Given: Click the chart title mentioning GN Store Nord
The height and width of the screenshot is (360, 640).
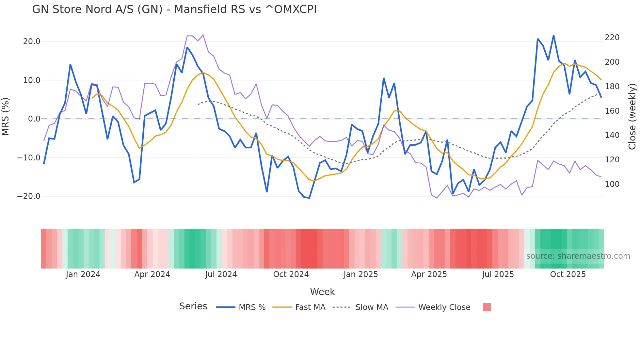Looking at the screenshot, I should (x=174, y=9).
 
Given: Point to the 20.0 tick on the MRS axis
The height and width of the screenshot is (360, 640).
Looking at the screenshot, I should (x=32, y=41).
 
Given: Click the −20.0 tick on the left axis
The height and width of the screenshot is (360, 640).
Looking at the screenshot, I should (x=29, y=196).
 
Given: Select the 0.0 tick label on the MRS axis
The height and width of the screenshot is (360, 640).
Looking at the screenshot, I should (x=34, y=119).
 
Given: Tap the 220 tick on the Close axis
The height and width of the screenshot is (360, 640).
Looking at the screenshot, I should (x=612, y=38).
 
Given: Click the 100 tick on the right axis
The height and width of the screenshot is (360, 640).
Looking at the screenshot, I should (x=612, y=184).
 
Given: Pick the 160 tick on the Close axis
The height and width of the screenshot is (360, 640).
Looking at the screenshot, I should (x=612, y=111).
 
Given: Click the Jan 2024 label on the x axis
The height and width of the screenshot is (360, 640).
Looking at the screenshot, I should (x=83, y=274).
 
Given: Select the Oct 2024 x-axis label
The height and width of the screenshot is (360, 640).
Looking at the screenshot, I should (x=291, y=274).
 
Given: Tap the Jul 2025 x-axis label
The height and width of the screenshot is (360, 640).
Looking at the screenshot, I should (x=498, y=274).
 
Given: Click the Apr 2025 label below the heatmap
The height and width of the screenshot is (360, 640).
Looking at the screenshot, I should (x=429, y=274).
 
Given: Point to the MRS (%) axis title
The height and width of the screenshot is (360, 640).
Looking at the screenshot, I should (x=6, y=117).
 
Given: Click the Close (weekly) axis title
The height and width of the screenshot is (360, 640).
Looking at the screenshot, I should (x=632, y=117).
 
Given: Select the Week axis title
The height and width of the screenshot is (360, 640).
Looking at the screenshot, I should (x=322, y=292).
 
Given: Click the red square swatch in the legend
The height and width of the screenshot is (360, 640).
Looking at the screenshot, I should (x=487, y=307).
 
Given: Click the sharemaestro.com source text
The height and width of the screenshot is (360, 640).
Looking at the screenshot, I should (x=578, y=256).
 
